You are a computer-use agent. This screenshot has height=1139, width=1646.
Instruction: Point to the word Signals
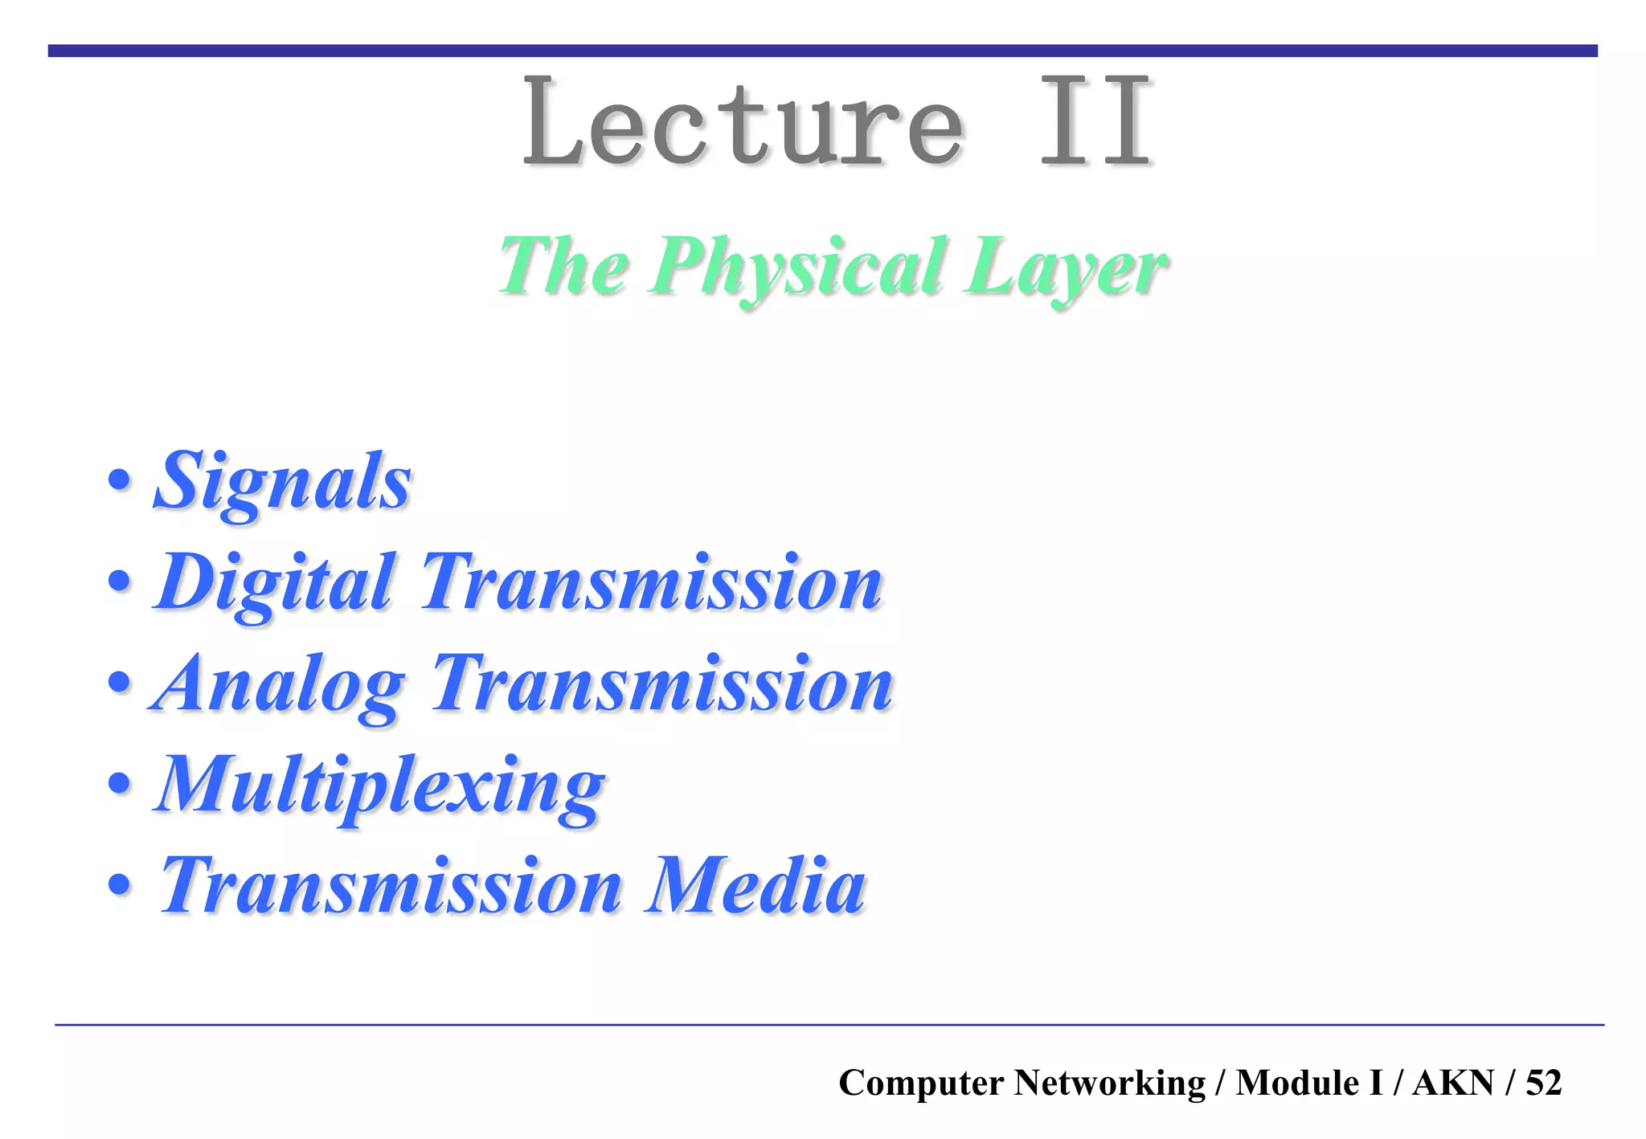(282, 482)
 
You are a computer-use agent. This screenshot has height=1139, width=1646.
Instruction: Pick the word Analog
(277, 685)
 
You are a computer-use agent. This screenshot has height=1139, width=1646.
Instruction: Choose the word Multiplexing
(379, 786)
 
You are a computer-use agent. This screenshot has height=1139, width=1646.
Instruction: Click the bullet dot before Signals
(119, 481)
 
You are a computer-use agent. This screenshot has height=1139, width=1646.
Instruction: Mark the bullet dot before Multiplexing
(119, 783)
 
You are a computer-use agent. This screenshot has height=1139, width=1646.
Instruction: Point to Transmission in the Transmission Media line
(391, 886)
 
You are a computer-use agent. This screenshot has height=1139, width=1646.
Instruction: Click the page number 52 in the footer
(1543, 1083)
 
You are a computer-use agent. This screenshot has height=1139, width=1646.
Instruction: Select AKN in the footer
(1453, 1083)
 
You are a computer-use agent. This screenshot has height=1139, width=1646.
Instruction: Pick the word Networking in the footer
(1109, 1083)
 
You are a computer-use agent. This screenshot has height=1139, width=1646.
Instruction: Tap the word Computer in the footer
(921, 1083)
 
